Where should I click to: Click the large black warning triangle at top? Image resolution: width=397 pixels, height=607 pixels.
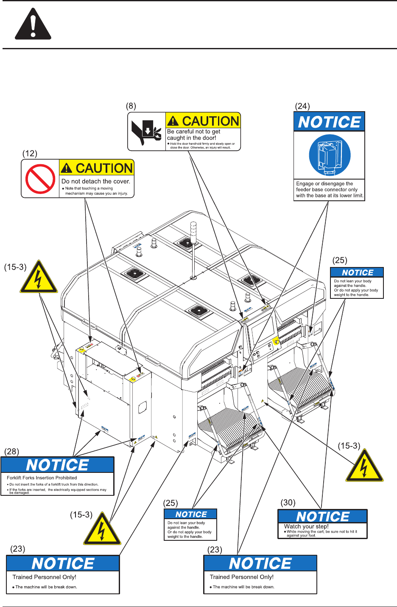pyautogui.click(x=33, y=25)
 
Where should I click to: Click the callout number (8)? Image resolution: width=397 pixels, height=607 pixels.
pyautogui.click(x=131, y=106)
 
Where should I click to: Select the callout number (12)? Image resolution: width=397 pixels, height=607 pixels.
pyautogui.click(x=30, y=153)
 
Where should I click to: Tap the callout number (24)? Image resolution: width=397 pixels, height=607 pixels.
pyautogui.click(x=302, y=106)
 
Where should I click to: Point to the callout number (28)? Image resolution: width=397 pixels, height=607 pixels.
pyautogui.click(x=11, y=451)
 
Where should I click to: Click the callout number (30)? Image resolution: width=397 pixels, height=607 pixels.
pyautogui.click(x=288, y=503)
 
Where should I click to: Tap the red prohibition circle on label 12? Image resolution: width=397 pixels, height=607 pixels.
pyautogui.click(x=40, y=179)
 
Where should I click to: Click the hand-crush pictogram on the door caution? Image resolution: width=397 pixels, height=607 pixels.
pyautogui.click(x=147, y=131)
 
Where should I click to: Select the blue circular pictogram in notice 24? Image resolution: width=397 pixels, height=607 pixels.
pyautogui.click(x=330, y=155)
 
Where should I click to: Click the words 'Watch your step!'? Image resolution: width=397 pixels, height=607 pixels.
pyautogui.click(x=306, y=526)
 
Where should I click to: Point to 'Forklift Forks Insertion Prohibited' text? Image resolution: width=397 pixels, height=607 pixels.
pyautogui.click(x=42, y=478)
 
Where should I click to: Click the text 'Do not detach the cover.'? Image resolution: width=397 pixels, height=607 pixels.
pyautogui.click(x=96, y=181)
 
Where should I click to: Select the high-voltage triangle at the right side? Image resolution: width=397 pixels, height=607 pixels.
pyautogui.click(x=364, y=466)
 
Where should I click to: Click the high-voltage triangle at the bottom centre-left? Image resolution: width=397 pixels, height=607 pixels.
pyautogui.click(x=102, y=530)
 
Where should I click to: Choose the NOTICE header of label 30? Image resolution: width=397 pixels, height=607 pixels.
pyautogui.click(x=322, y=517)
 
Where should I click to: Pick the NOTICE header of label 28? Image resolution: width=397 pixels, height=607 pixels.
pyautogui.click(x=57, y=465)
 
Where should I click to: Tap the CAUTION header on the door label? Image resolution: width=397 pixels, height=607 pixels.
pyautogui.click(x=203, y=121)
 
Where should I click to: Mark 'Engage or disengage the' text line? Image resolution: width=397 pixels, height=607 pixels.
pyautogui.click(x=324, y=184)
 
